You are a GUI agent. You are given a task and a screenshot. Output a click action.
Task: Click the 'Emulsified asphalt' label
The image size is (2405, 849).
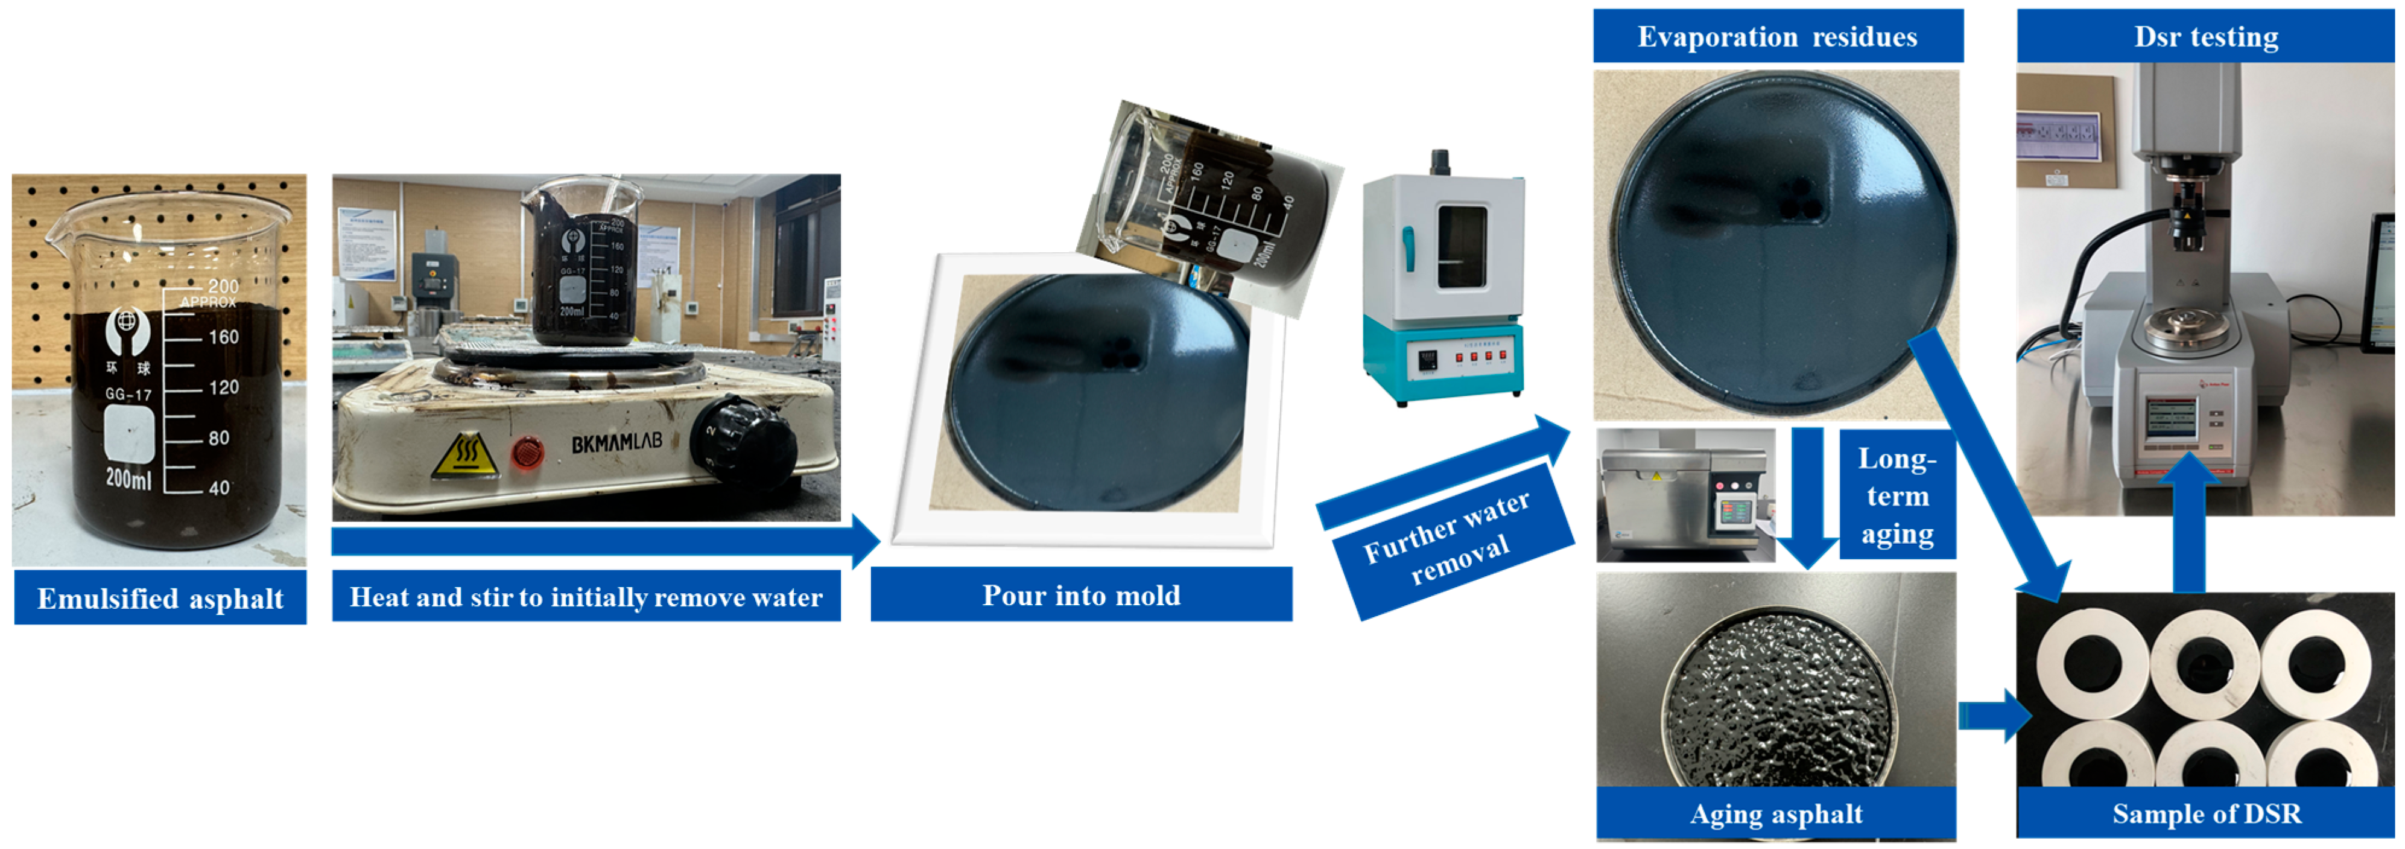coord(160,599)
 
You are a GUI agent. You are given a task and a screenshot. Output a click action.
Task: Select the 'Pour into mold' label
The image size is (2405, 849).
coord(1080,595)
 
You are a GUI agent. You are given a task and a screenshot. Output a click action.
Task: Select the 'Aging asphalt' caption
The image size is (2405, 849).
coord(1776,813)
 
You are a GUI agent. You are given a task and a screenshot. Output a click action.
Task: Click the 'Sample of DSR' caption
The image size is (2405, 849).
coord(2206,813)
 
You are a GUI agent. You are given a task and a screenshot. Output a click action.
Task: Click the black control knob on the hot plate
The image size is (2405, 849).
coord(742,439)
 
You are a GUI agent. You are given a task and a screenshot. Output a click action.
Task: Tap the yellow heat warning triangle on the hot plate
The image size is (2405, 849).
coord(465,456)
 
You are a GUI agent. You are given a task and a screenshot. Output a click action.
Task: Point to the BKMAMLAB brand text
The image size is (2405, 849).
coord(616,441)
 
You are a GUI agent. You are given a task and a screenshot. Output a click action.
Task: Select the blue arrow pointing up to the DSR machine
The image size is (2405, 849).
coord(2189,523)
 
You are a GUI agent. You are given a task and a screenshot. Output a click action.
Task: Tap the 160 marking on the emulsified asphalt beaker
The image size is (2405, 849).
coord(223,337)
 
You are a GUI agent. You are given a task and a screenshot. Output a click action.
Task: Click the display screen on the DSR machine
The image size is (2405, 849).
coord(2171,416)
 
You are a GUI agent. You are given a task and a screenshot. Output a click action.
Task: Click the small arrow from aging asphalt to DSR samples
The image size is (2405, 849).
coord(1993,716)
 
